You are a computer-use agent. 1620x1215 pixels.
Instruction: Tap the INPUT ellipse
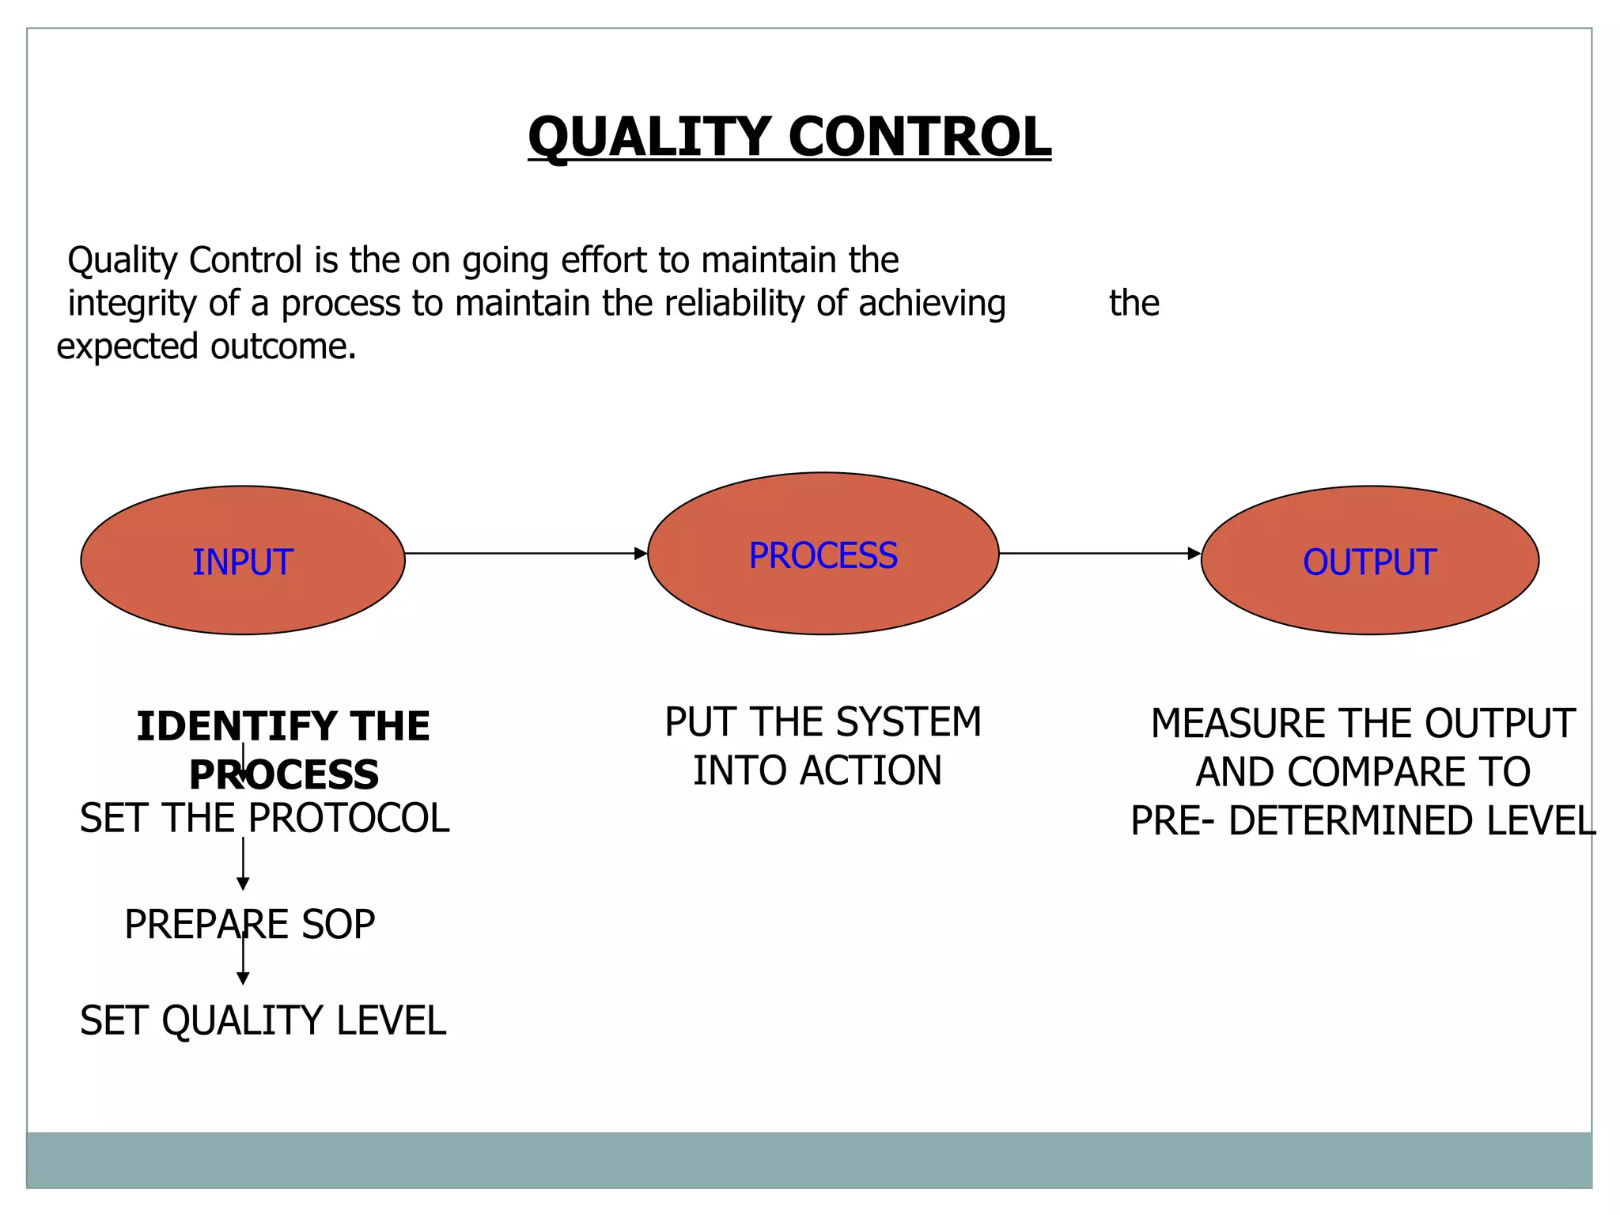tap(243, 561)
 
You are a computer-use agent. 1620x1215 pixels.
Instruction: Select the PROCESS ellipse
tap(823, 555)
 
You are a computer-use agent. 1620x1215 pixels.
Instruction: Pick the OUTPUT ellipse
tap(1369, 561)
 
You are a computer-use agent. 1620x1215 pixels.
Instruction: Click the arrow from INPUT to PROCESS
tap(526, 554)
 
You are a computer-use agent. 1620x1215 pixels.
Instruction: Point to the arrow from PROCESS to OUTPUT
tap(1100, 554)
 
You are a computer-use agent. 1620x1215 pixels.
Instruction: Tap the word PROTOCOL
tap(349, 819)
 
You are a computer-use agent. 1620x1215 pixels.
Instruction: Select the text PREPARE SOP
tap(250, 925)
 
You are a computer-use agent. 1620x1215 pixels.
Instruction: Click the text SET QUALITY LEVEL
tap(263, 1020)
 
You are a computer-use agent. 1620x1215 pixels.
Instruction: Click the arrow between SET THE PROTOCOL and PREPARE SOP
tap(243, 864)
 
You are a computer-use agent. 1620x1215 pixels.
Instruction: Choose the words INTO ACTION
tap(817, 771)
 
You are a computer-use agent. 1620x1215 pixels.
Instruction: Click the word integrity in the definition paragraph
tap(131, 304)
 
